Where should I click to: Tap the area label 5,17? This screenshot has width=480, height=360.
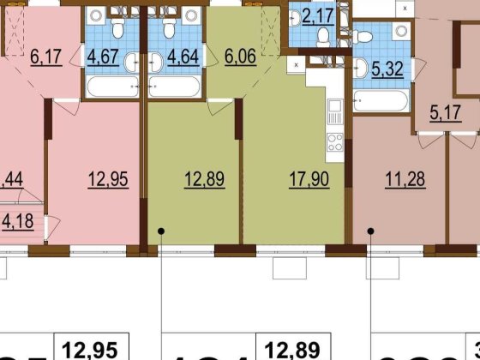point(445,111)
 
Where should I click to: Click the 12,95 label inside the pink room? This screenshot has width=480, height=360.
point(108,181)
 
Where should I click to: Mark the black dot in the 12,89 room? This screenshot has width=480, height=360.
point(160,231)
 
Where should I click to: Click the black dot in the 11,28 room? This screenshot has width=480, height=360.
point(370,231)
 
